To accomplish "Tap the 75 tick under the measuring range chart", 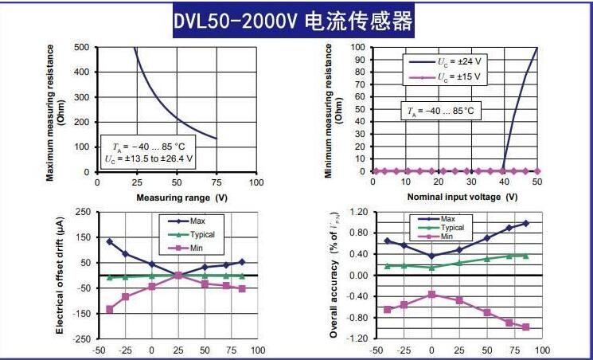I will coord(217,182).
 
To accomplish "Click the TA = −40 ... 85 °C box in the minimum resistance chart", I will coord(440,112).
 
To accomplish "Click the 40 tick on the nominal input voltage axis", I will coord(503,182).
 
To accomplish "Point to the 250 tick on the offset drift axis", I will coord(81,212).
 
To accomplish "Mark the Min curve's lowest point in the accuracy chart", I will coord(525,327).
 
